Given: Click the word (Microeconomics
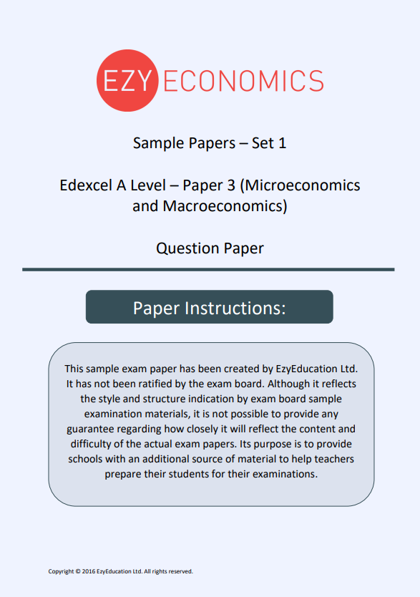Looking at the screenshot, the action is click(x=300, y=185).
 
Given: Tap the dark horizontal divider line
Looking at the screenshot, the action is click(x=208, y=270).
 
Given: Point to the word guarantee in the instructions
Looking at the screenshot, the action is click(x=93, y=429).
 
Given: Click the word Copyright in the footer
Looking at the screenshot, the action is click(x=60, y=571).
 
